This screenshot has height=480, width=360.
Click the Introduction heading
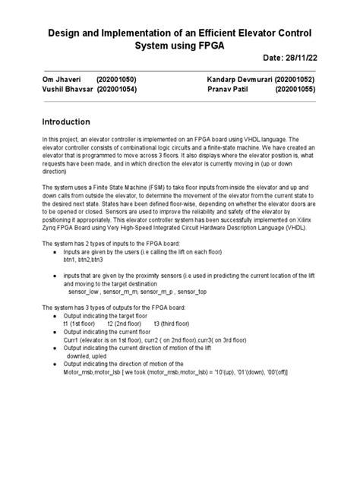[65, 122]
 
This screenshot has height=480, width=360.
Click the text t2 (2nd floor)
[127, 324]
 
